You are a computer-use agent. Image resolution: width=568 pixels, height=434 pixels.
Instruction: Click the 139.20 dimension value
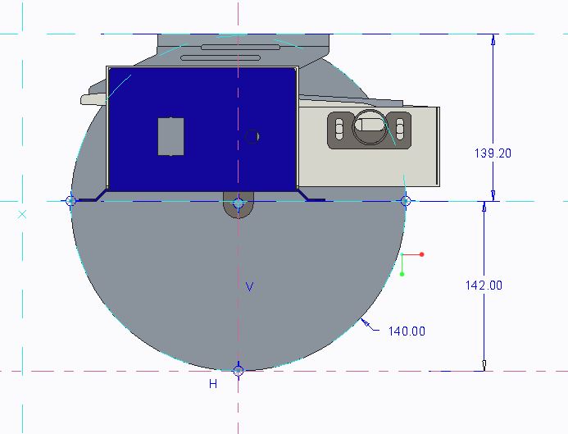coord(493,153)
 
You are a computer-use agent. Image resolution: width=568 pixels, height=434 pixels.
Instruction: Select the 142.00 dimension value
coord(484,286)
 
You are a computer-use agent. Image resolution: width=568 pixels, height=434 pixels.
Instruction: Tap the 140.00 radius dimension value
coord(407,331)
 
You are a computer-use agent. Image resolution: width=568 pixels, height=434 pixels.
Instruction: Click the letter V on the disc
coord(250,287)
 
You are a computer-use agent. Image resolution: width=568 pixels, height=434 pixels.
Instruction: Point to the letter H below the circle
coord(213,384)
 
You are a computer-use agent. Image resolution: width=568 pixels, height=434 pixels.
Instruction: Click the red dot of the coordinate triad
coord(421,254)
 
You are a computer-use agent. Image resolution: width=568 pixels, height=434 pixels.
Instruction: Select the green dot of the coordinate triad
coord(402,274)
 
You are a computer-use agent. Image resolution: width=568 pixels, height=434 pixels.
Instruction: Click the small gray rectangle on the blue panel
coord(171,136)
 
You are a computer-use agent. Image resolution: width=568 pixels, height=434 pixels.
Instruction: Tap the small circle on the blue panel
coord(252,136)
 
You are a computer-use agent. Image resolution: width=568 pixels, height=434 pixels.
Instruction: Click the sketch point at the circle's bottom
coord(238,371)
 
